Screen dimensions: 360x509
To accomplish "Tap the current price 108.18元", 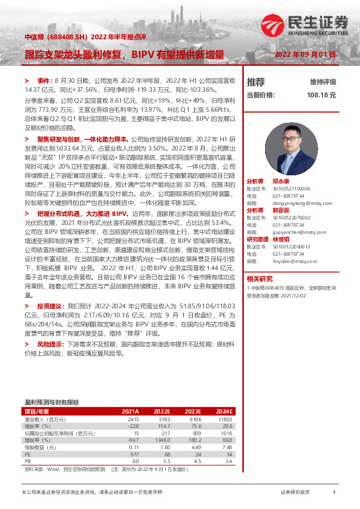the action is (321, 95).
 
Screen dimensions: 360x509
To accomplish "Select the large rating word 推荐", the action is (256, 82).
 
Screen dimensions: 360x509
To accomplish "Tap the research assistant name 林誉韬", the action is (289, 239).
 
